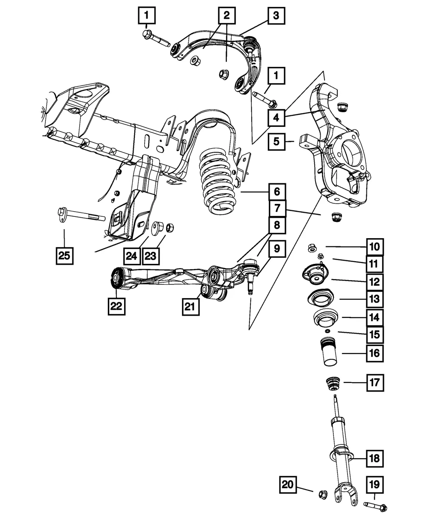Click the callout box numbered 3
[276, 15]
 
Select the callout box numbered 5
[276, 141]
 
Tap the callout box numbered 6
[277, 192]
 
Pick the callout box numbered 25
[65, 256]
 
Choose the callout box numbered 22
[116, 306]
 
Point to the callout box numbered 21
[190, 307]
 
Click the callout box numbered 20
[288, 484]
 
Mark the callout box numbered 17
[375, 383]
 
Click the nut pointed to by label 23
[169, 227]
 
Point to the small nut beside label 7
[336, 217]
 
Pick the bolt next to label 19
[375, 506]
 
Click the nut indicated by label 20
[323, 494]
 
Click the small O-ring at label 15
[327, 331]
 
